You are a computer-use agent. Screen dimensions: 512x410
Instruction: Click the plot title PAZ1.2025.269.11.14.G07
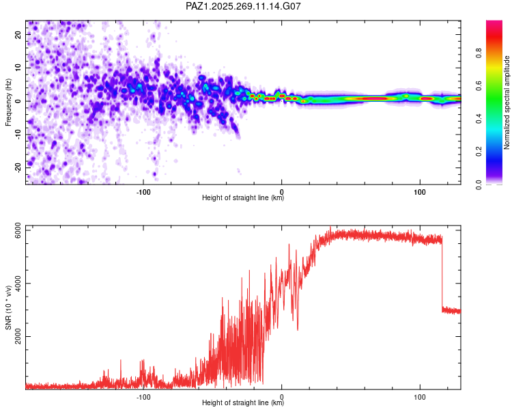(243, 6)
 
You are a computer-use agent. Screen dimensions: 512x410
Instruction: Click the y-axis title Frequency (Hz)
(8, 102)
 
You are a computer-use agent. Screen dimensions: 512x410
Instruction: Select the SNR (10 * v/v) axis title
(8, 307)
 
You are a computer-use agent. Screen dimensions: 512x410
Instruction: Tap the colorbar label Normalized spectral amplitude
(507, 102)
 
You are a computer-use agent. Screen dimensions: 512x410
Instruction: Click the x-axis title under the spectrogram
(243, 197)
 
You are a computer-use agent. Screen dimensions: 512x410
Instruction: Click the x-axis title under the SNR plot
(243, 402)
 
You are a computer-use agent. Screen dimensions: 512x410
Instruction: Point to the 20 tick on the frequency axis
(18, 34)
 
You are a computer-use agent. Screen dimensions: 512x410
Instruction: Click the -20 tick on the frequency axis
(18, 168)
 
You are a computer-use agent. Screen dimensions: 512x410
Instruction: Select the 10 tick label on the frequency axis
(18, 68)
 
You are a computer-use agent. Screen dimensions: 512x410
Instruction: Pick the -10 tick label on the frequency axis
(18, 135)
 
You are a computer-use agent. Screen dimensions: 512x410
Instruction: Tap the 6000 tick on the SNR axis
(18, 230)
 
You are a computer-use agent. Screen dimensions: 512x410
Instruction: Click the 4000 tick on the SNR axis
(18, 283)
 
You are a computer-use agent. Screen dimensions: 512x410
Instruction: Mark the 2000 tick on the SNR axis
(18, 336)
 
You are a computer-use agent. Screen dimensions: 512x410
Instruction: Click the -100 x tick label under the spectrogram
(143, 192)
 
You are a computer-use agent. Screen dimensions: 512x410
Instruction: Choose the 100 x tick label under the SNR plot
(420, 397)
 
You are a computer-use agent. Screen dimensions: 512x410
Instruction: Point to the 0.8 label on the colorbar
(479, 53)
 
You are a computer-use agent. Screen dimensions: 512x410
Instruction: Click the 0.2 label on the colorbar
(479, 152)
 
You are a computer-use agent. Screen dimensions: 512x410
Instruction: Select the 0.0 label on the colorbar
(479, 184)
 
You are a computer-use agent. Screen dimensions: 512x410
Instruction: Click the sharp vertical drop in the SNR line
(442, 274)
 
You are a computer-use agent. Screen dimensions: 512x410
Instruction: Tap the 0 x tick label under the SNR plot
(282, 397)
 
